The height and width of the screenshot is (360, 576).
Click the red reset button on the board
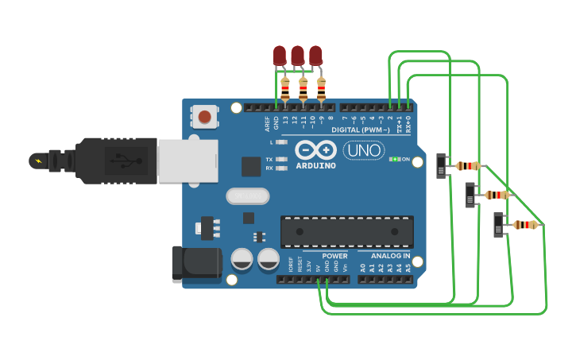click(205, 117)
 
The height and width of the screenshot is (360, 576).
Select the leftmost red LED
click(280, 56)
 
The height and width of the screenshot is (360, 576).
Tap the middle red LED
click(297, 56)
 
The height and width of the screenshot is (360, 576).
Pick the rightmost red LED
click(315, 56)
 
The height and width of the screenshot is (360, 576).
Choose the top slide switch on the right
click(443, 166)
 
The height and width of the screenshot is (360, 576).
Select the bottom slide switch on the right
click(499, 225)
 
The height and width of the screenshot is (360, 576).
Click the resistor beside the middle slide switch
click(497, 195)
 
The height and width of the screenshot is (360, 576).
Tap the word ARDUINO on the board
click(315, 165)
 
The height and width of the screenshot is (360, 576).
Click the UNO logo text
click(363, 150)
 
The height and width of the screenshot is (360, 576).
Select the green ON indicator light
click(393, 160)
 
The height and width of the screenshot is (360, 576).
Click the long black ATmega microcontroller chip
click(346, 231)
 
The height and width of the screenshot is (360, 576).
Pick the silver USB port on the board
click(187, 161)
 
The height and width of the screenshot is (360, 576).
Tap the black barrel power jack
click(195, 263)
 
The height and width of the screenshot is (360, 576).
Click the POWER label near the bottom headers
click(334, 257)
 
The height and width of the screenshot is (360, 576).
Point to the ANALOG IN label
click(390, 257)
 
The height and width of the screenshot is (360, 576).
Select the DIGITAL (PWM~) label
click(360, 130)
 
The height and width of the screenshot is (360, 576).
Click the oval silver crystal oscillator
click(248, 195)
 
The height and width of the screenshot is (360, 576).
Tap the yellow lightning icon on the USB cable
click(37, 161)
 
